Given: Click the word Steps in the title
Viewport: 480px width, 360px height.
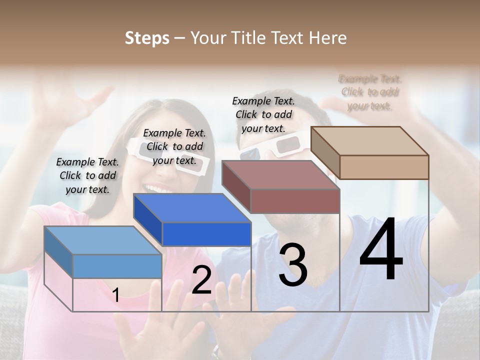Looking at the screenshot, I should pos(147,38).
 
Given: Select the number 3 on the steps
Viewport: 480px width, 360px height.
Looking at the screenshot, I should pos(293,265).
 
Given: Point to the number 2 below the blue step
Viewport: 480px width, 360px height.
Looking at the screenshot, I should pos(201,280).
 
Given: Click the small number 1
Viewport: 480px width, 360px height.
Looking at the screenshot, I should pos(115,295).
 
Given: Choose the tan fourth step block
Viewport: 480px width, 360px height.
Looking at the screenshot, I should pos(370,152).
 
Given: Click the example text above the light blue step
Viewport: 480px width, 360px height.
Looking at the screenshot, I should pos(87,175).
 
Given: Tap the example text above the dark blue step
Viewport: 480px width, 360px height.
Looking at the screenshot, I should pos(174,146).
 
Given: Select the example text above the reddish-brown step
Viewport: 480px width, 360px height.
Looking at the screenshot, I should pos(263,114).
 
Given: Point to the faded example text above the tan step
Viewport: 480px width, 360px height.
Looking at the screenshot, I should pos(370,92).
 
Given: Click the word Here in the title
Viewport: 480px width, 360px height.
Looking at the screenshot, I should pos(327,38).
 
